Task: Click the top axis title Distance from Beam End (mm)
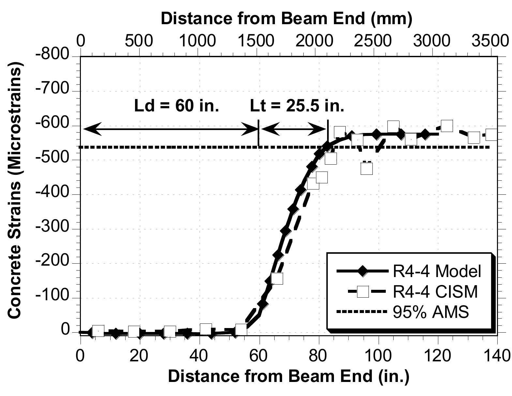(286, 19)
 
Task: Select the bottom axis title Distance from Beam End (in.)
(288, 376)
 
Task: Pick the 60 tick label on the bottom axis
(259, 355)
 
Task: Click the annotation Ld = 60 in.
(176, 106)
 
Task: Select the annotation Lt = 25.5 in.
(297, 106)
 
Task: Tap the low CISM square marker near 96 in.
(367, 169)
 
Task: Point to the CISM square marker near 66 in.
(277, 278)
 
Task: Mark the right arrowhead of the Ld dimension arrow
(253, 129)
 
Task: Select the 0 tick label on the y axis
(65, 331)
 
